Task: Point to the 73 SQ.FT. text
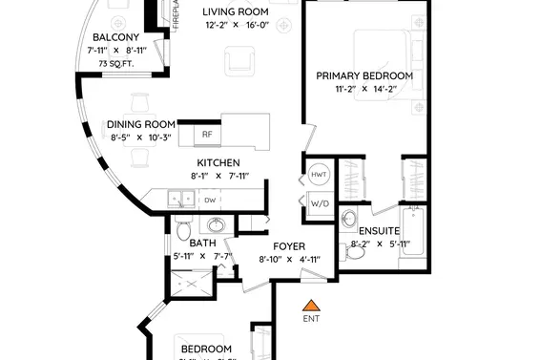[115, 64]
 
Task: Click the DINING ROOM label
[140, 124]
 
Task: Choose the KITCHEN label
[218, 162]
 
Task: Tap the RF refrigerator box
[207, 134]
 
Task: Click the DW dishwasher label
[209, 200]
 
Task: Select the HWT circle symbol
[319, 175]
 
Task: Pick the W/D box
[319, 201]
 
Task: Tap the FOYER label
[287, 244]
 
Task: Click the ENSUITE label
[379, 230]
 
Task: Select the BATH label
[202, 243]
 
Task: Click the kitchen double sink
[179, 200]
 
